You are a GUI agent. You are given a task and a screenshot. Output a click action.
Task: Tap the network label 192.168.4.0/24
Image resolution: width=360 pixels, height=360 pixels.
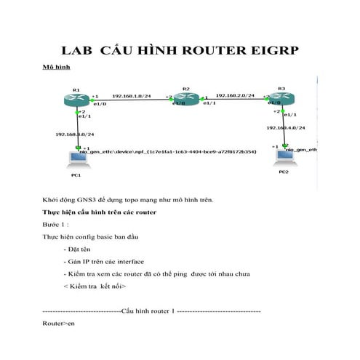click(286, 128)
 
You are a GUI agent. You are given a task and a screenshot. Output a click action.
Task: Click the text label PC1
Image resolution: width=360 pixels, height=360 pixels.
click(75, 175)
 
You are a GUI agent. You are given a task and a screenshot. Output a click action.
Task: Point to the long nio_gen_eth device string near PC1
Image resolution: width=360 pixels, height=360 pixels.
click(168, 152)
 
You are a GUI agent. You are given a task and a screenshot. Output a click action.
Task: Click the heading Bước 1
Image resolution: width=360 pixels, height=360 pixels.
click(56, 225)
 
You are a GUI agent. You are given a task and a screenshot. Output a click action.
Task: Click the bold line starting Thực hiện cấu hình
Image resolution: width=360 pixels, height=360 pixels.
click(98, 212)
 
